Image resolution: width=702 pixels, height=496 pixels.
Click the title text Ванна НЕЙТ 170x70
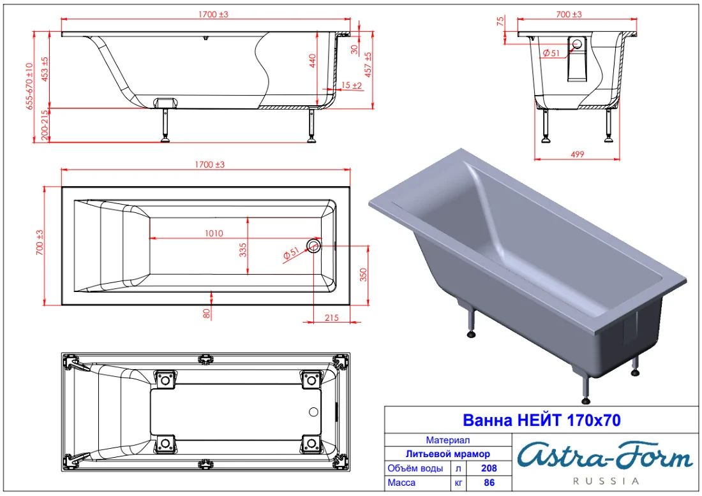(x=541, y=420)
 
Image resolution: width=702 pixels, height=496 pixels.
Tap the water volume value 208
(x=489, y=468)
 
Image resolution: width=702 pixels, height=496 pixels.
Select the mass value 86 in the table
(x=489, y=483)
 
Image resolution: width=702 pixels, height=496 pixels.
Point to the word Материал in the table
(x=448, y=440)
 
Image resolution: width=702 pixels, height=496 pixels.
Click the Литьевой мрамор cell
(x=448, y=454)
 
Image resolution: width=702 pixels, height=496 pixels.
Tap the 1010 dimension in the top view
(x=214, y=233)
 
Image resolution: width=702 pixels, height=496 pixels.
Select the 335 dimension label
(x=243, y=251)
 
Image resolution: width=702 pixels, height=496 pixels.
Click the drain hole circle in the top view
(x=313, y=245)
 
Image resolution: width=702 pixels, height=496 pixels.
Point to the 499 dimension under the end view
(x=578, y=154)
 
